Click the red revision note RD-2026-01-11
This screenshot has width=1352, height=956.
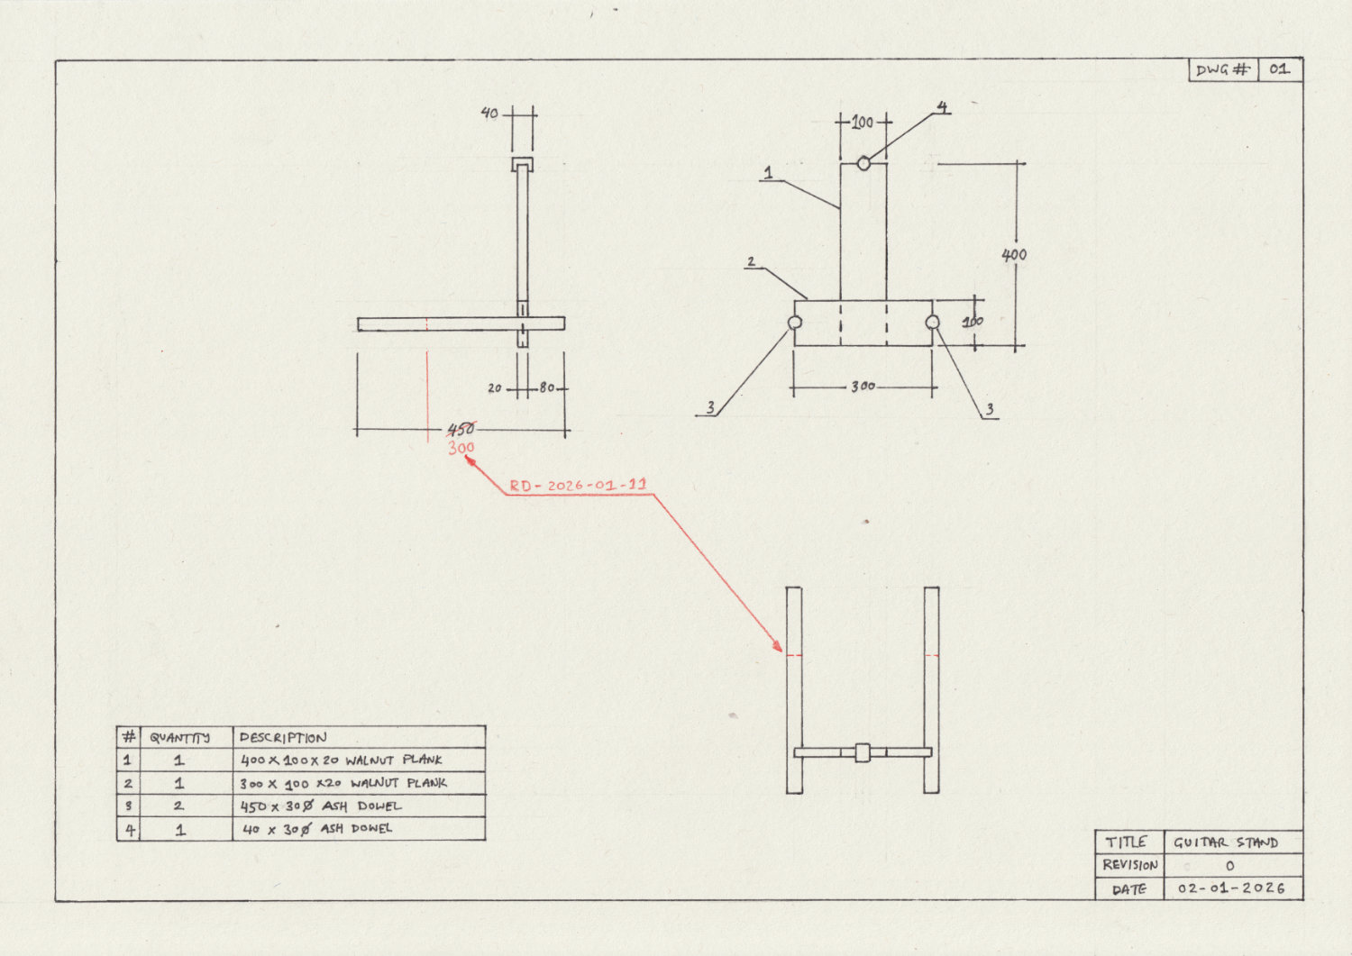pyautogui.click(x=578, y=486)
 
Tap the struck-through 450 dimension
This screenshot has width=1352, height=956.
pyautogui.click(x=461, y=429)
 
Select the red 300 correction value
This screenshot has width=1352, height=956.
pyautogui.click(x=461, y=448)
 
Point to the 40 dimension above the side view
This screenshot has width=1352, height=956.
pyautogui.click(x=489, y=114)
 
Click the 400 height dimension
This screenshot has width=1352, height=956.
pyautogui.click(x=1014, y=255)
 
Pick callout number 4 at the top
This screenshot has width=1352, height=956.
pyautogui.click(x=942, y=108)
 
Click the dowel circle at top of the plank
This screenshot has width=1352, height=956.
pyautogui.click(x=863, y=163)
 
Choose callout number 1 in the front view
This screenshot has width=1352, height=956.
pyautogui.click(x=768, y=171)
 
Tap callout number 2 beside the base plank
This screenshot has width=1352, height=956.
pyautogui.click(x=751, y=262)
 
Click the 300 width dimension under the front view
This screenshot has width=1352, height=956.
pyautogui.click(x=863, y=387)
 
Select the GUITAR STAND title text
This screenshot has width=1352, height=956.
pyautogui.click(x=1226, y=842)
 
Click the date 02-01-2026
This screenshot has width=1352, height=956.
pyautogui.click(x=1231, y=888)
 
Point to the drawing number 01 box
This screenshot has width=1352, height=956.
pyautogui.click(x=1279, y=69)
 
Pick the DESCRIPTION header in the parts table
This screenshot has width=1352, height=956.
pyautogui.click(x=283, y=737)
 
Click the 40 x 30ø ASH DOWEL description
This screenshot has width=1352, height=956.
pyautogui.click(x=316, y=829)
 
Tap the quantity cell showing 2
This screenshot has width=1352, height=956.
pyautogui.click(x=178, y=806)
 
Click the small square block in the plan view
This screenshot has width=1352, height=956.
pyautogui.click(x=863, y=752)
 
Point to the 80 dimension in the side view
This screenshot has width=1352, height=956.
pyautogui.click(x=547, y=388)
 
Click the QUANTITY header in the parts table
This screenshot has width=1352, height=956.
pyautogui.click(x=179, y=737)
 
